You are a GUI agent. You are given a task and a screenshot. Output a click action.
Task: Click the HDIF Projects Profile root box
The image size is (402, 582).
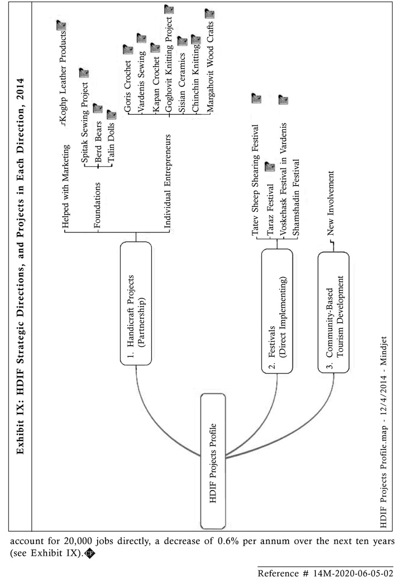[x=213, y=462]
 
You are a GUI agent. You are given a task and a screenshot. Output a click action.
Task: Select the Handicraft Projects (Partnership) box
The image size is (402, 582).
[x=136, y=304]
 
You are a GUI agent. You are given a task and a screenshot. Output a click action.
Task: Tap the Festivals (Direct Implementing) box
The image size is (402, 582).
[x=277, y=311]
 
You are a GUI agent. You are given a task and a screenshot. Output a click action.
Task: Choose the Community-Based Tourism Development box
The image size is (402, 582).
[x=333, y=312]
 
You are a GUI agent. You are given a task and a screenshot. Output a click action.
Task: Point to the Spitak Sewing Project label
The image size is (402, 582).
[x=85, y=123]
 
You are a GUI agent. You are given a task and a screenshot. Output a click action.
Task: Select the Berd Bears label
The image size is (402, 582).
[x=98, y=142]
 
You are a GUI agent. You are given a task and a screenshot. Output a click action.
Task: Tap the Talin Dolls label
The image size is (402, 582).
[x=111, y=143]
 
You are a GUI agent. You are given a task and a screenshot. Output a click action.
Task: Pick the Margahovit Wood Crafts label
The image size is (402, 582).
[x=210, y=67]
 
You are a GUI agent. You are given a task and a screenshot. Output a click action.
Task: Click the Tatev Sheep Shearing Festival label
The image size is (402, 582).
[x=256, y=180]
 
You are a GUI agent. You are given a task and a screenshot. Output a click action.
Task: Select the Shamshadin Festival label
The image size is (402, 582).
[x=296, y=197]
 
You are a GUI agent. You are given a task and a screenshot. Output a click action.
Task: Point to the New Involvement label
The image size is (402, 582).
[x=331, y=203]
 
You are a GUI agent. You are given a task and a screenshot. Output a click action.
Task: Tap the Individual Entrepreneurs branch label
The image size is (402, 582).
[x=167, y=182]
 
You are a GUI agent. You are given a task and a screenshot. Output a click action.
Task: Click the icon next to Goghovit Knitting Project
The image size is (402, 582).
[x=169, y=9]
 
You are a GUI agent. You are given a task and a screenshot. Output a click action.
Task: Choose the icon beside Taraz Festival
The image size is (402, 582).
[x=270, y=166]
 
